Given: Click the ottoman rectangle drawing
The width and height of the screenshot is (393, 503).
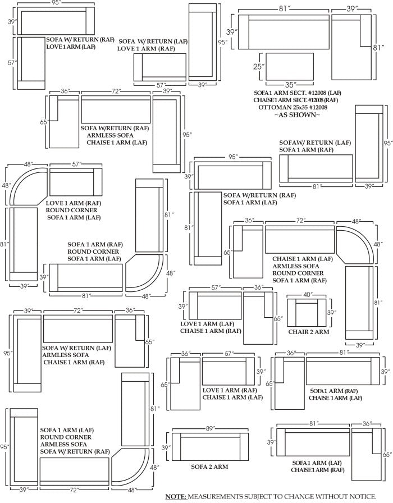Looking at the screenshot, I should tap(290, 66).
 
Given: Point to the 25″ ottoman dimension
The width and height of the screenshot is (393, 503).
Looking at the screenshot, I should tap(257, 67).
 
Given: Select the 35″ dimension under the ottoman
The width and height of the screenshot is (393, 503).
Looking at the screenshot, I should tap(290, 85).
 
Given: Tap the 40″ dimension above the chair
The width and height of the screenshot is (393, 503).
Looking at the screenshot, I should tap(307, 294).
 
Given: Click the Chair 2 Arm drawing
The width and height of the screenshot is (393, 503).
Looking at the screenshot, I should tap(307, 313).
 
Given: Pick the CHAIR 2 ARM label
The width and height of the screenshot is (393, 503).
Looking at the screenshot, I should tap(309, 332).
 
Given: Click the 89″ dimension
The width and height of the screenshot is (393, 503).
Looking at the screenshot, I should tap(210, 428).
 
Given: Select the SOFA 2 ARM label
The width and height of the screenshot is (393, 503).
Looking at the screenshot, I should tap(209, 467).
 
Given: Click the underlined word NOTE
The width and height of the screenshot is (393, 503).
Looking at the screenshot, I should tap(176, 497).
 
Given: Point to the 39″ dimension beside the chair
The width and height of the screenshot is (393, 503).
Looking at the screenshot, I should tap(332, 313).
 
